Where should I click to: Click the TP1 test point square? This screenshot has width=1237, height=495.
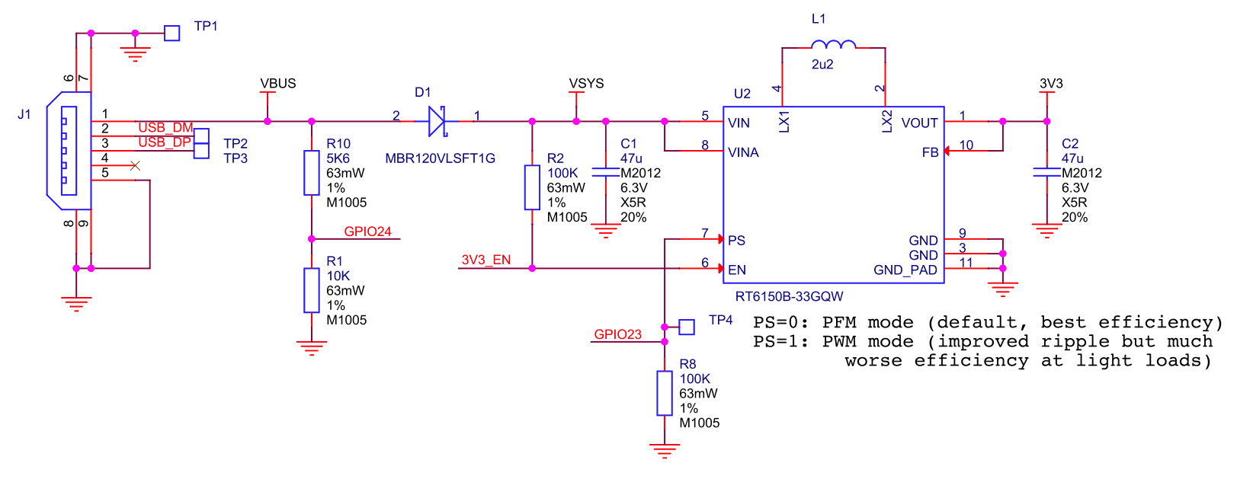tap(171, 33)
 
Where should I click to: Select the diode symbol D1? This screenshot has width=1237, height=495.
tap(437, 121)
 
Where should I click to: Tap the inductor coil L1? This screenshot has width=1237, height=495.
tap(833, 44)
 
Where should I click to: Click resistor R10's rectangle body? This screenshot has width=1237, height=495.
tap(312, 173)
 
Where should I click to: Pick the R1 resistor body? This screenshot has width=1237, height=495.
tap(312, 290)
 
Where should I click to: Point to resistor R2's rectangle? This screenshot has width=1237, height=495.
tap(532, 187)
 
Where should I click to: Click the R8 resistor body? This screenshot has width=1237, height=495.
tap(665, 393)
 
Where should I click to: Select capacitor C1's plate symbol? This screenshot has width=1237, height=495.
tap(606, 173)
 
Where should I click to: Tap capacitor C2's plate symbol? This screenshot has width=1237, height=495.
tap(1046, 173)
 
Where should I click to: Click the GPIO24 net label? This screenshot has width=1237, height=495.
tap(368, 232)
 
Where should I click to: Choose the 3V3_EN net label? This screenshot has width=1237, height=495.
tap(486, 260)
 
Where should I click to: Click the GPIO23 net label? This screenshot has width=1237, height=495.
tap(618, 334)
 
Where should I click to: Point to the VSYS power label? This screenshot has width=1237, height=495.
tap(586, 83)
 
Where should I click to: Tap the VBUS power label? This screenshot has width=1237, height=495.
tap(277, 83)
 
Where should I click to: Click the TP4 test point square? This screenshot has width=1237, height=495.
tap(687, 327)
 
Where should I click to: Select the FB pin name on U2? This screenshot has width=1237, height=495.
tap(930, 152)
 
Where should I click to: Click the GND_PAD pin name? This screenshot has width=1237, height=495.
tap(905, 270)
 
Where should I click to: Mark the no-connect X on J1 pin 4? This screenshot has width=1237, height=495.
tap(135, 165)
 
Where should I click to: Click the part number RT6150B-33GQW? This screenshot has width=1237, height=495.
tap(789, 297)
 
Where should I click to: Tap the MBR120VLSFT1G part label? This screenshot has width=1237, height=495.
tap(440, 158)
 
